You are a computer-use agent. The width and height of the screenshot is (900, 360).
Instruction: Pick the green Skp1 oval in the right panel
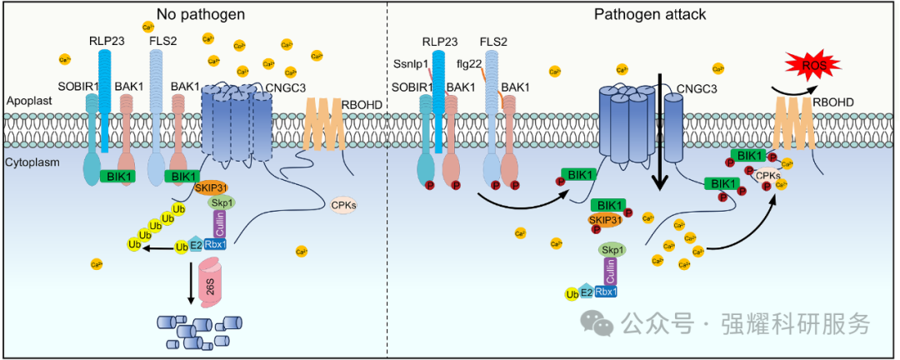[x=612, y=249]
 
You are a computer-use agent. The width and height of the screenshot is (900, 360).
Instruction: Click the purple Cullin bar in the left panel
[x=220, y=223]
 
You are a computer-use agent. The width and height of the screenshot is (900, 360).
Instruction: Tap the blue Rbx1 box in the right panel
[x=606, y=292]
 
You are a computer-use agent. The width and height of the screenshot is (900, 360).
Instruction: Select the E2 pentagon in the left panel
[x=197, y=245]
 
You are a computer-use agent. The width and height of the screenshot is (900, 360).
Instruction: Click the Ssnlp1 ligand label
[x=408, y=63]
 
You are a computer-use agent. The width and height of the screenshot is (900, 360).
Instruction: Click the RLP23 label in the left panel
[x=106, y=40]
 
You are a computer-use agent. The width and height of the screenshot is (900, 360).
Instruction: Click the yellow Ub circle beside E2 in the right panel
[x=572, y=293]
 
